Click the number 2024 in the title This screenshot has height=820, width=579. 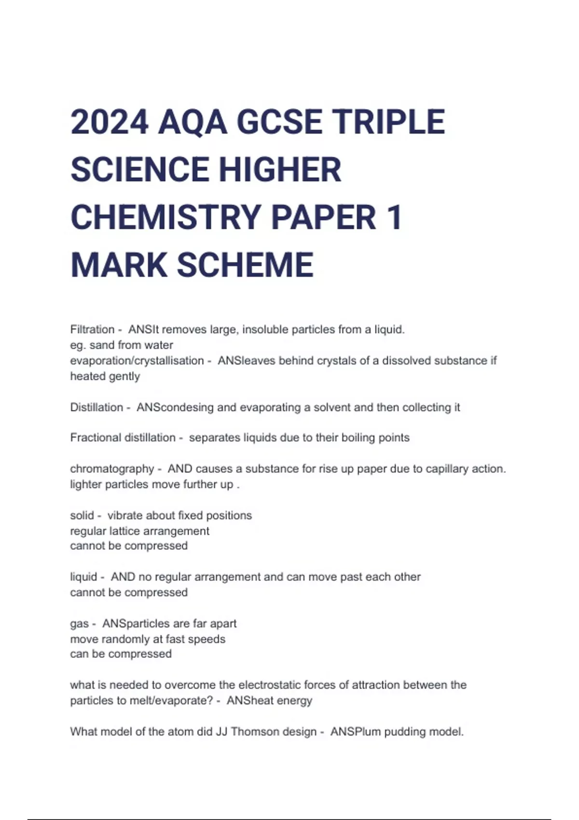[x=109, y=122]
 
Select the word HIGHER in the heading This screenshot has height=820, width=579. [x=280, y=170]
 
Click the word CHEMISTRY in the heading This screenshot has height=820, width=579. [x=165, y=217]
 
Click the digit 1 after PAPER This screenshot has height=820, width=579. [x=394, y=217]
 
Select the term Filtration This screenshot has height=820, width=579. [x=92, y=329]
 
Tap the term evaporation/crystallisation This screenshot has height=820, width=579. [x=137, y=361]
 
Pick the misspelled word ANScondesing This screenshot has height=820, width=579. [x=175, y=408]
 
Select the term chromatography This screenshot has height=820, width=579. [x=112, y=469]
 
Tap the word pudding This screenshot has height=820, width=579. [x=402, y=732]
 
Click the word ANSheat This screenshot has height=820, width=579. [x=250, y=700]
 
